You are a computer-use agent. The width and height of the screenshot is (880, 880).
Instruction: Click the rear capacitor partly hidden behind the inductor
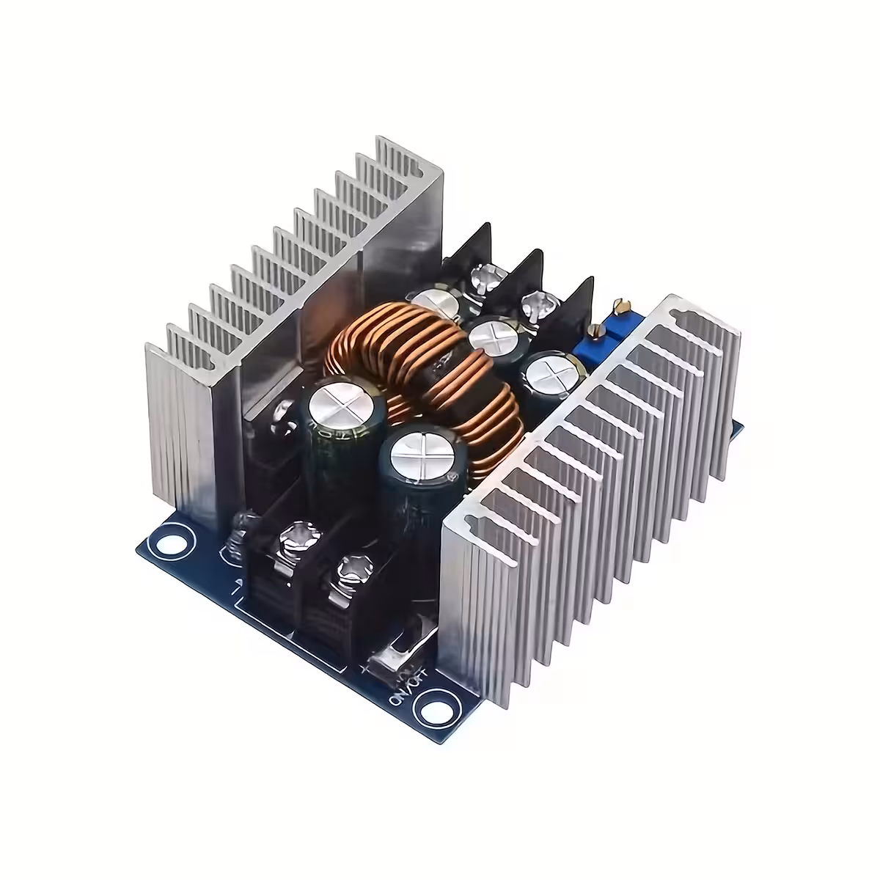[436, 302]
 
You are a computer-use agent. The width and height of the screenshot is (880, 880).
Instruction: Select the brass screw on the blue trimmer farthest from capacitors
[621, 302]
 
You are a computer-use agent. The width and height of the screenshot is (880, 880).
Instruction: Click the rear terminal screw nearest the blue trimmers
[535, 301]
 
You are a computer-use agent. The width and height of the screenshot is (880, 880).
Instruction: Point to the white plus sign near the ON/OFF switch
[364, 669]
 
